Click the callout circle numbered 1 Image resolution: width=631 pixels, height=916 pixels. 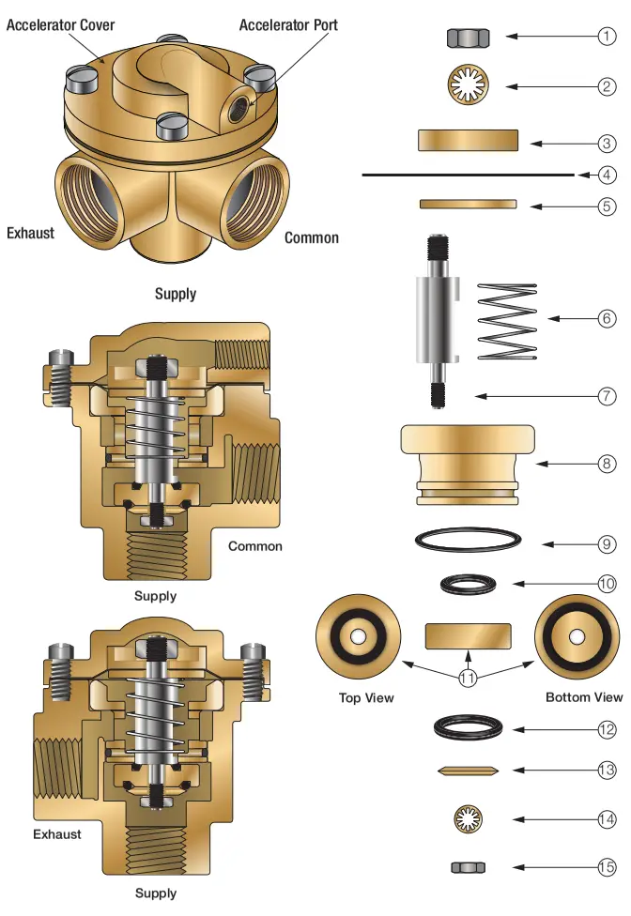coord(608,37)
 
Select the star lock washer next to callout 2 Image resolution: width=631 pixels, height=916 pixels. coord(467,86)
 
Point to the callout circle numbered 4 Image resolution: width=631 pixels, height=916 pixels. coord(608,175)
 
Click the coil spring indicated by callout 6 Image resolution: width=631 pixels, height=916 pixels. coord(508,318)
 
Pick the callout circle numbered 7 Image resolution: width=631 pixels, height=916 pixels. coord(608,396)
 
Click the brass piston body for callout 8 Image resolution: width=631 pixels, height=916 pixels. coord(468,463)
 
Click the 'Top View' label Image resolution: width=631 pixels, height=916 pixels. coord(365,697)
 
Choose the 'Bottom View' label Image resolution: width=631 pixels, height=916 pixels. coord(584,696)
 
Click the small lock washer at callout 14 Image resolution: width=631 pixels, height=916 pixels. coord(467,818)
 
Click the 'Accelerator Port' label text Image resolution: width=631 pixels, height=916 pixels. coord(288,25)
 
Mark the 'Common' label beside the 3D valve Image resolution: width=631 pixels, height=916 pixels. coord(312,238)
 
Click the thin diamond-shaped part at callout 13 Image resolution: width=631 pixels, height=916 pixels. coord(468,771)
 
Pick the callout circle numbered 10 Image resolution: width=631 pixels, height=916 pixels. coord(608,584)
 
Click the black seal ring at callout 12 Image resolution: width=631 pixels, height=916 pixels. coord(467,728)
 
